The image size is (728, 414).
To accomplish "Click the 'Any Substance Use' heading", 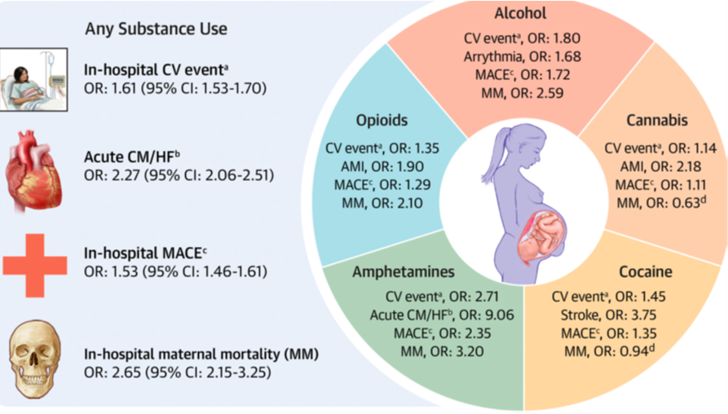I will [x=156, y=29].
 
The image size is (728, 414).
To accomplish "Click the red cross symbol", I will [x=34, y=264].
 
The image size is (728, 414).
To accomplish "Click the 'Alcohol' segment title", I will [x=520, y=13].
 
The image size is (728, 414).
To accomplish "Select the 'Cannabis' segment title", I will [x=657, y=121].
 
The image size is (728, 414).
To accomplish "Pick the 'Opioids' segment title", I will [x=382, y=121].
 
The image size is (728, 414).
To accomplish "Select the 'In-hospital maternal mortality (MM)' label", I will [x=201, y=355].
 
